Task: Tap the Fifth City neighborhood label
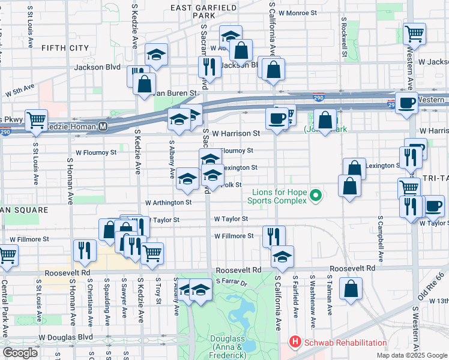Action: click(x=65, y=47)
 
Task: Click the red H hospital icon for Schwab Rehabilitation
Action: click(x=295, y=343)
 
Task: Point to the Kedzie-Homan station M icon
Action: click(x=103, y=127)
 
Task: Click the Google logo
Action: click(x=20, y=353)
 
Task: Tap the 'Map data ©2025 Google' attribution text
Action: click(x=411, y=355)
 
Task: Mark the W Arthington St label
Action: click(x=168, y=203)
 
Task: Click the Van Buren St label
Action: click(x=176, y=94)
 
